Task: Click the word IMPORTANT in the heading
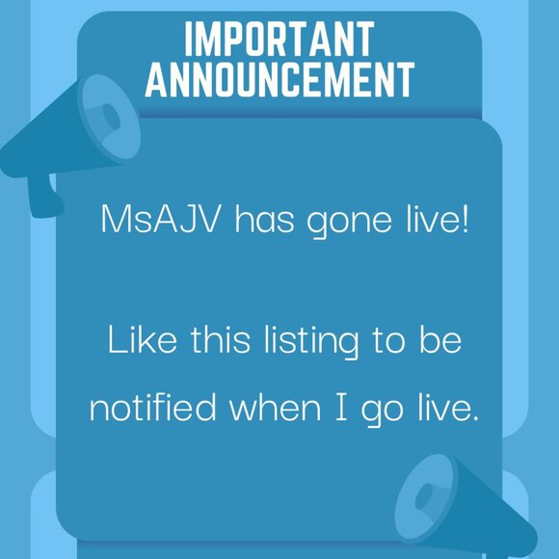279,39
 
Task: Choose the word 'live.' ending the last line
445,408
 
